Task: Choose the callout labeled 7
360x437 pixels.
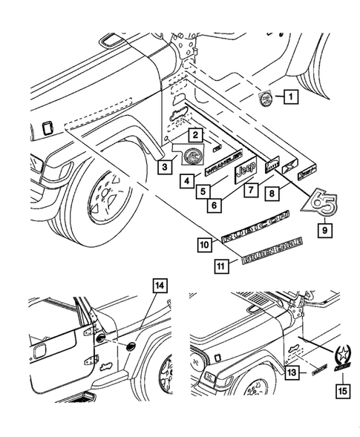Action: pyautogui.click(x=255, y=191)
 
